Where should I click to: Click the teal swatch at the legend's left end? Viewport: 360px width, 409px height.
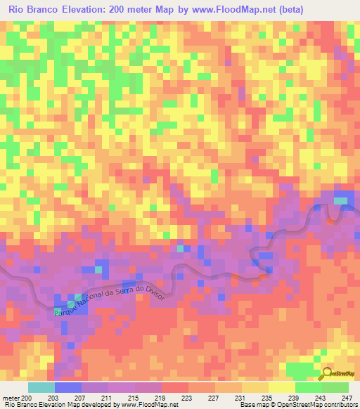tap(41, 388)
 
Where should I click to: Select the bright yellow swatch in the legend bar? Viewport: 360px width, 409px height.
tap(282, 388)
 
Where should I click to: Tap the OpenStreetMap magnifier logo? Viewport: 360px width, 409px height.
tap(327, 372)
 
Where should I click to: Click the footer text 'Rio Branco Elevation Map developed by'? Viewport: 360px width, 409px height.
tap(60, 405)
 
